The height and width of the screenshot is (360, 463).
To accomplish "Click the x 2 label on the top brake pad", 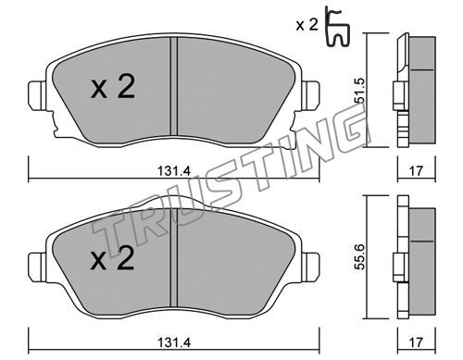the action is [113, 88].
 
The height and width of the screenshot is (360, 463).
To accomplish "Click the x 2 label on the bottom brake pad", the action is [113, 259].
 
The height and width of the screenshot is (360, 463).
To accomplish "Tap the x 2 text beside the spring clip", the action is [307, 25].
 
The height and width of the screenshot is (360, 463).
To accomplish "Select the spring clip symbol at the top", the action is [338, 28].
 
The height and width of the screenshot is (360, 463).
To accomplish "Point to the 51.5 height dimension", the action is [360, 90].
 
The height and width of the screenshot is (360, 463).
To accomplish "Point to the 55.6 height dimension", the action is [360, 256].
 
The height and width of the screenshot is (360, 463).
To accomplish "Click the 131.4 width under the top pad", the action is [174, 170].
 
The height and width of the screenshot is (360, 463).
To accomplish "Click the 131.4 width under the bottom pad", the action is [174, 342].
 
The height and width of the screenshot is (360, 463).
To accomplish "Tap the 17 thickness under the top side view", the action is [416, 170].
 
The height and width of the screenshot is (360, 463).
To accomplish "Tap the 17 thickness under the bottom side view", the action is [416, 342].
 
